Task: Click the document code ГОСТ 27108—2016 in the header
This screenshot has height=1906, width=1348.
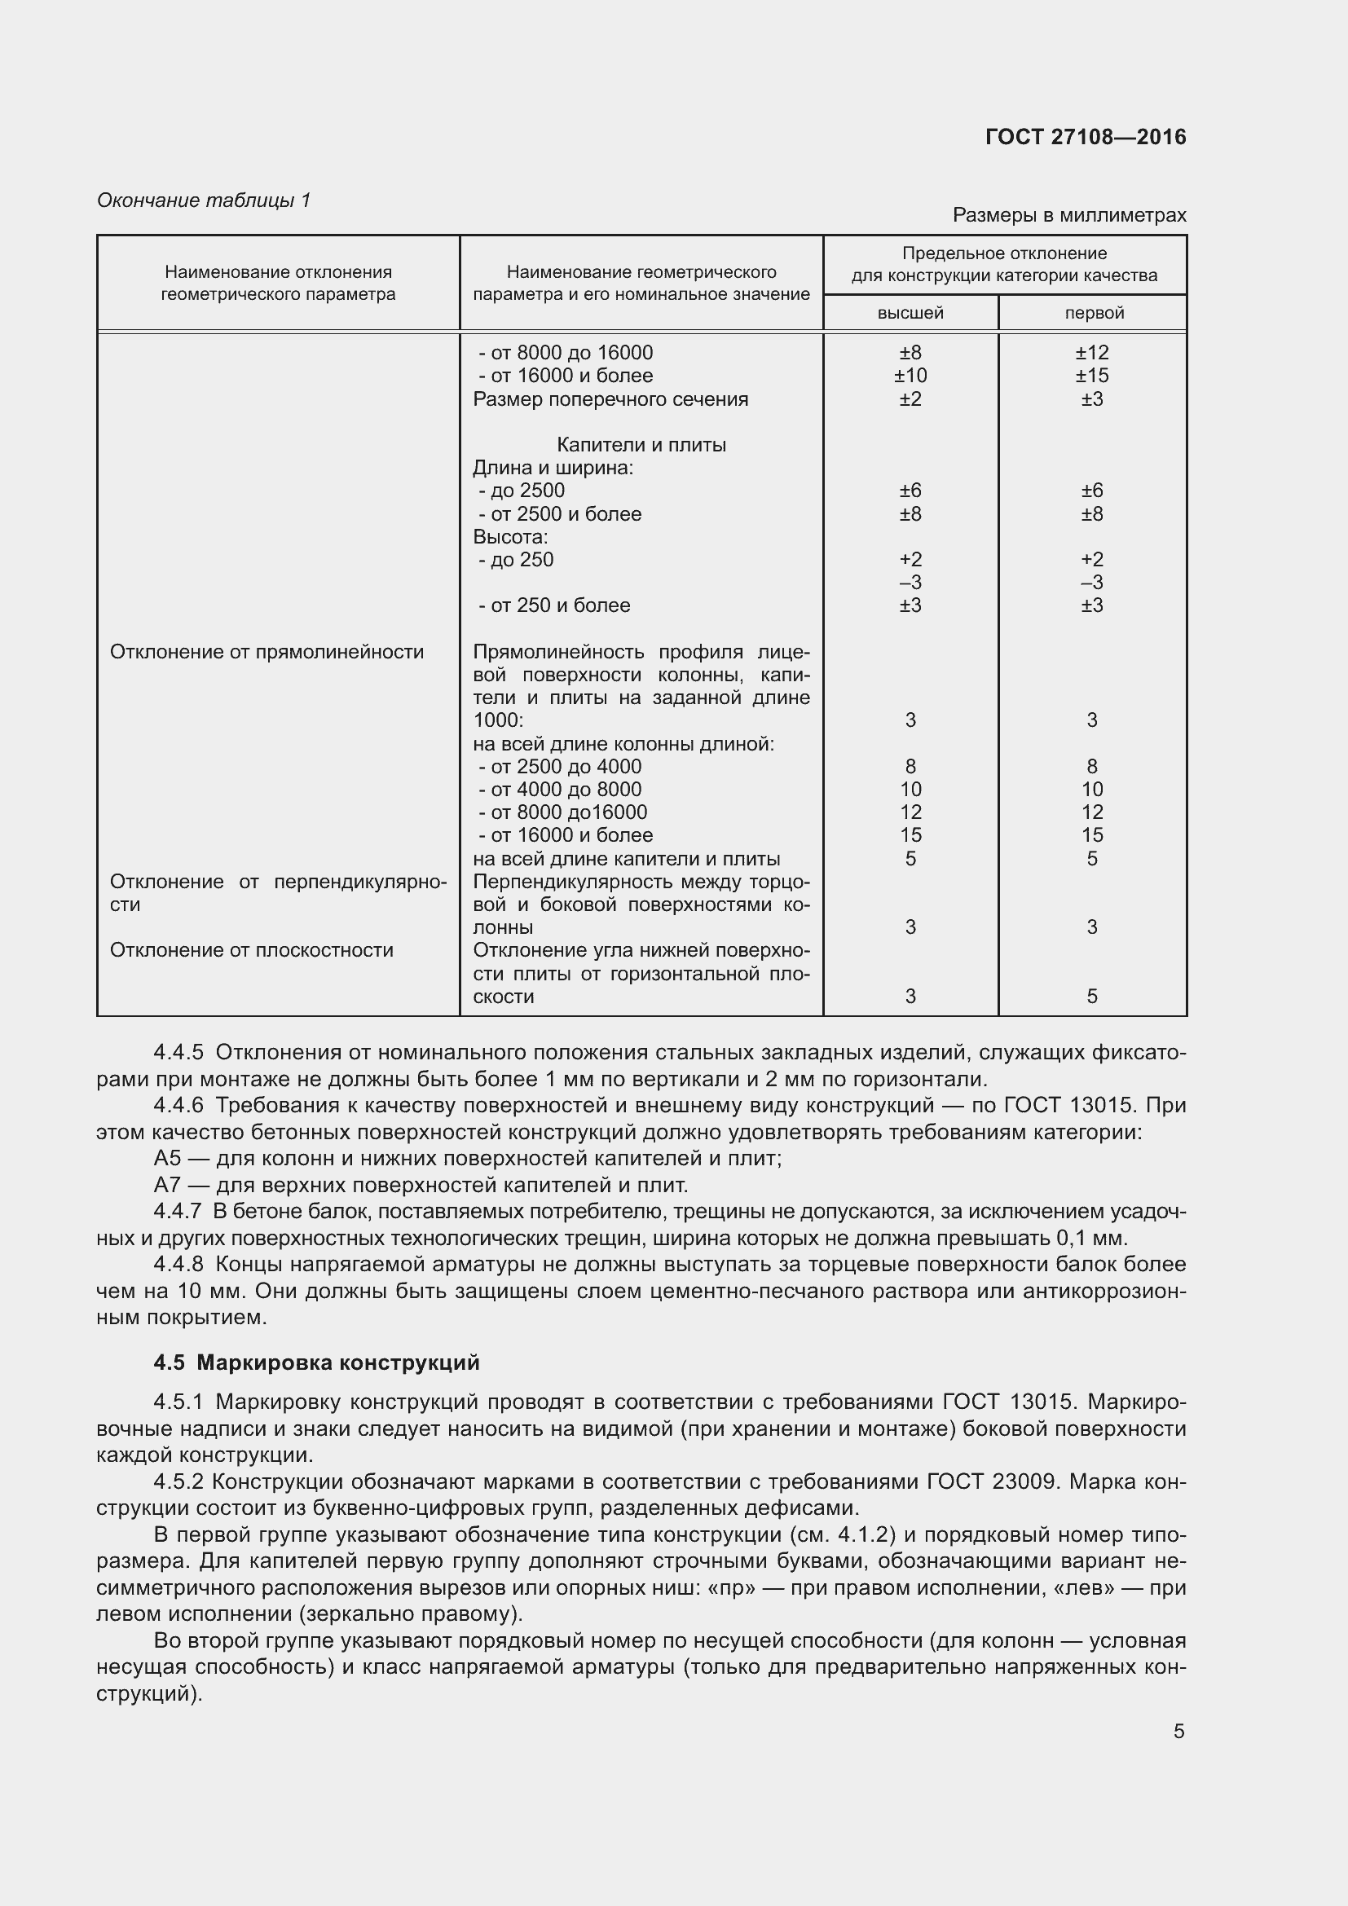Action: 1085,137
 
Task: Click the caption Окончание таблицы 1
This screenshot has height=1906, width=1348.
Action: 204,200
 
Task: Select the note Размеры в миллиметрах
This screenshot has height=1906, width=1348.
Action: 1068,215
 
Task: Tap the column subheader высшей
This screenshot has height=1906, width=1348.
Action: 910,313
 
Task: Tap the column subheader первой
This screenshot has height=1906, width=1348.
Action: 1093,313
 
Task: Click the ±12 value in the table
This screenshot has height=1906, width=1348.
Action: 1091,353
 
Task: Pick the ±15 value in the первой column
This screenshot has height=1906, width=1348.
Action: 1091,376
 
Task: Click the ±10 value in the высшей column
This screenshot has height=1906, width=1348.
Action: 910,376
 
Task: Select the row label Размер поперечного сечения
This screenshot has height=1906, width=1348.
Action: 610,399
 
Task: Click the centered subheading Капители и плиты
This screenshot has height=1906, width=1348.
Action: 641,445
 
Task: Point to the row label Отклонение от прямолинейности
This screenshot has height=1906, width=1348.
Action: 267,652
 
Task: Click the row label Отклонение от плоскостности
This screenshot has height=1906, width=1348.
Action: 252,949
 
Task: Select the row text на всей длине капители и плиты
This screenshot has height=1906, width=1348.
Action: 626,858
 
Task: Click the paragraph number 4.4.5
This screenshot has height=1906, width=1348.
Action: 178,1053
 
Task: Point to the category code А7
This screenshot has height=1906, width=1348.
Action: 167,1185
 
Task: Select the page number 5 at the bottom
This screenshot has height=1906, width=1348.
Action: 1178,1732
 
